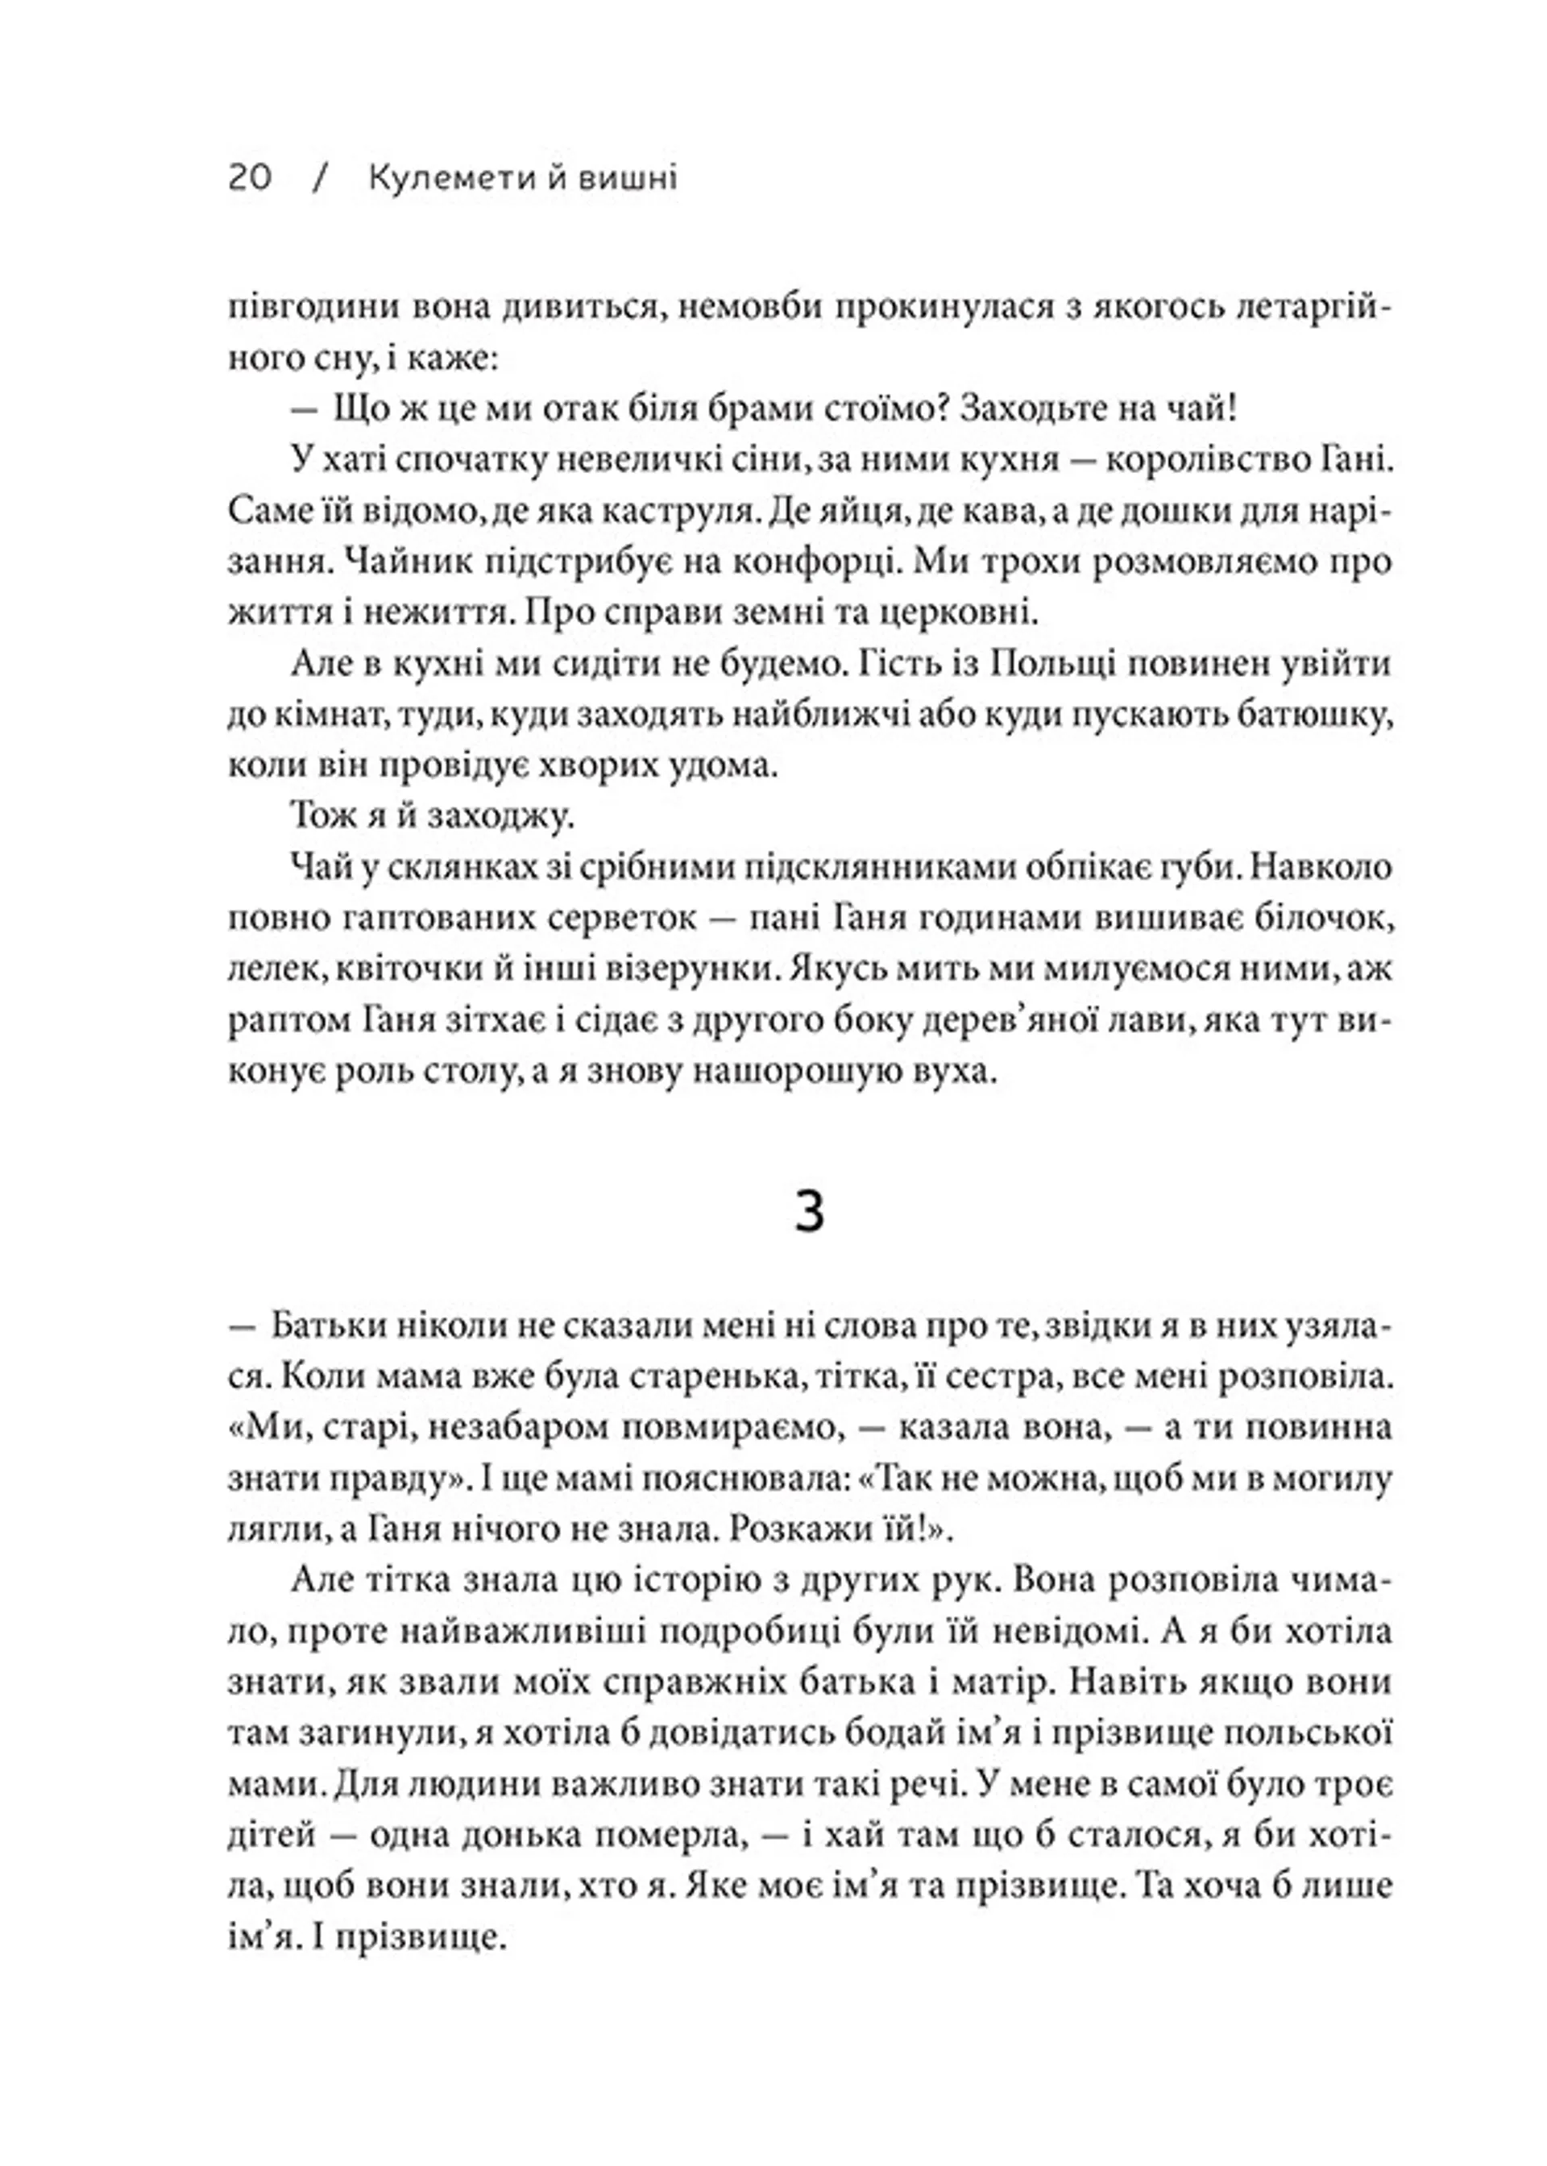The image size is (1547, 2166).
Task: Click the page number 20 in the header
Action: click(x=251, y=178)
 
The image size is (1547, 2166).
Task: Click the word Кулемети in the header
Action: click(x=441, y=178)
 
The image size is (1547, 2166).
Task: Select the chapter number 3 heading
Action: click(x=808, y=1214)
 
